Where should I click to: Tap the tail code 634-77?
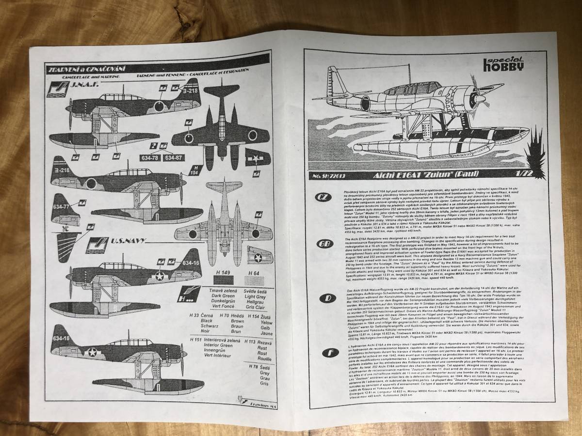point(59,204)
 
